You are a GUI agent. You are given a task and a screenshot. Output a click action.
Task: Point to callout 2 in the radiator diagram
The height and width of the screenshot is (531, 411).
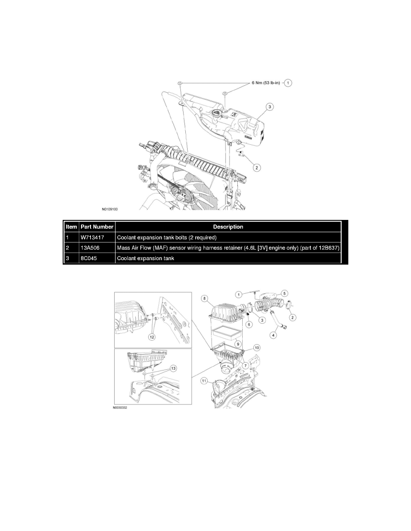256,168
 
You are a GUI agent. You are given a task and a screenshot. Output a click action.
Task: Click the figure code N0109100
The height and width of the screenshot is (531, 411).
112,208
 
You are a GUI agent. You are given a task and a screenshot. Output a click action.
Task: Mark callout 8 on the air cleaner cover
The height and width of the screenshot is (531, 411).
204,298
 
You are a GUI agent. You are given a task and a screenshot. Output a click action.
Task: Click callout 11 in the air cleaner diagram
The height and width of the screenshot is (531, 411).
205,381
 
